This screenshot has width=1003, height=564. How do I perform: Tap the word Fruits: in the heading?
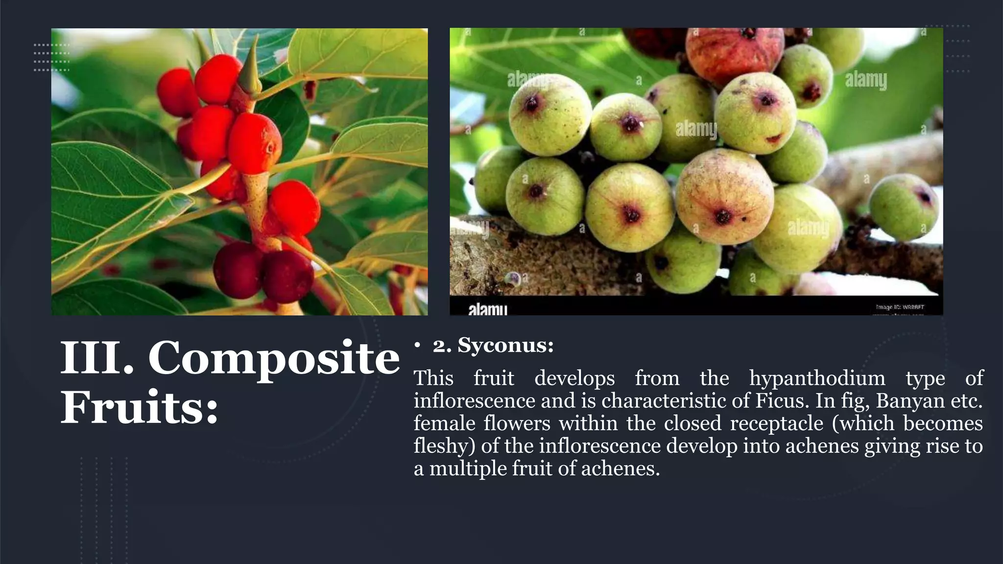tap(139, 407)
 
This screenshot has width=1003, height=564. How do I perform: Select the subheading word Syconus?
tap(505, 346)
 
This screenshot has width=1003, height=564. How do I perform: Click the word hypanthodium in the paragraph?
tap(817, 378)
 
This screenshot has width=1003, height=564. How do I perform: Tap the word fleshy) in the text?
tap(444, 446)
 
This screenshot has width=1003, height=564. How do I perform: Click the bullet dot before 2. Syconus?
tap(417, 346)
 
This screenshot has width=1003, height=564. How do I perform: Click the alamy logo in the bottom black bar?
tap(487, 308)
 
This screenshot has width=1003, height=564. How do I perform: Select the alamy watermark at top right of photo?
tap(866, 80)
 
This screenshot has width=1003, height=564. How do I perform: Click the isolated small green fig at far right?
tap(904, 207)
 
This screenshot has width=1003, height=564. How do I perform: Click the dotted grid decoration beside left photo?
tap(51, 57)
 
